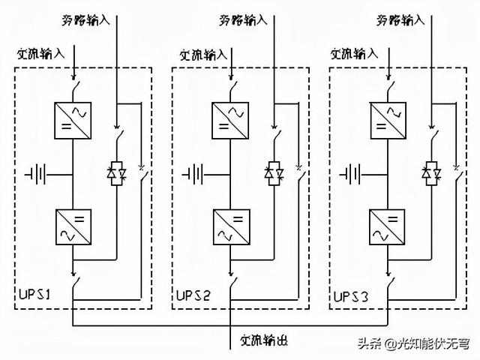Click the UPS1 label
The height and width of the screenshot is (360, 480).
(x=34, y=295)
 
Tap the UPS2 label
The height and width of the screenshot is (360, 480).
(x=193, y=295)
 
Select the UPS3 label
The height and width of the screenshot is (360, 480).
(x=351, y=295)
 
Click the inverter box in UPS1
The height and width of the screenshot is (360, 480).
(x=73, y=226)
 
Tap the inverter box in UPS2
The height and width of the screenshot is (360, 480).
(x=231, y=226)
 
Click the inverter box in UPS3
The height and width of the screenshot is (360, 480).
(x=388, y=226)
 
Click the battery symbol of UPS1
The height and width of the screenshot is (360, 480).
(x=35, y=175)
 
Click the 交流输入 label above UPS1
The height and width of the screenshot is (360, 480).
(x=42, y=54)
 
